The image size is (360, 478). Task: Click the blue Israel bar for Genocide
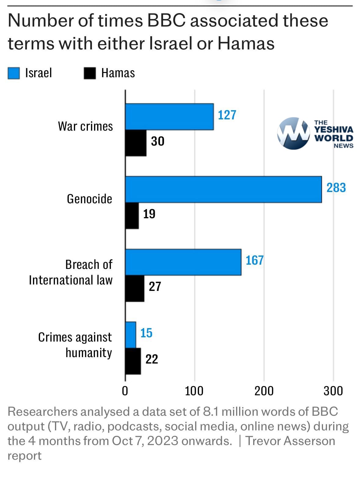(223, 189)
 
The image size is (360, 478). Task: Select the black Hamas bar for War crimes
(136, 143)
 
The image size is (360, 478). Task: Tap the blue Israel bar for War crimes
(169, 117)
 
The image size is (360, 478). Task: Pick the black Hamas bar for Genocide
(132, 216)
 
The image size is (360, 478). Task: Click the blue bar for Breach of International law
(183, 262)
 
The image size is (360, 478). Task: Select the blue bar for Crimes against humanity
(131, 335)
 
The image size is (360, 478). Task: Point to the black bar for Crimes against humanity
(133, 361)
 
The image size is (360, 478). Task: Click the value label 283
(336, 188)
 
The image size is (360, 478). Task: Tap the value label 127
(227, 115)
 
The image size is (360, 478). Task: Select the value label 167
(254, 260)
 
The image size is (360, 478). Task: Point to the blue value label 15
(146, 333)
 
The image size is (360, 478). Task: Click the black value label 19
(149, 214)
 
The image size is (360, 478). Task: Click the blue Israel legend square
(14, 73)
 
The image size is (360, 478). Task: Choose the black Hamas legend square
(90, 73)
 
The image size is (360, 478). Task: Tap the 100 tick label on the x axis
(194, 391)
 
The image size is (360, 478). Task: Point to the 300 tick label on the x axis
(333, 391)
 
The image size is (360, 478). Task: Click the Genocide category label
(89, 199)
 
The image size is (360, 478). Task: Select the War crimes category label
(85, 126)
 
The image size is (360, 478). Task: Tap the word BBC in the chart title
(166, 21)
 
